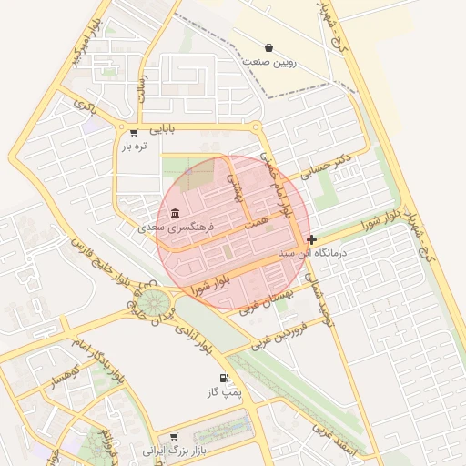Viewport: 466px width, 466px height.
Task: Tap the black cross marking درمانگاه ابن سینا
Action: pos(312,240)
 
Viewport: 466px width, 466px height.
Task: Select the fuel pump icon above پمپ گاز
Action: pos(223,378)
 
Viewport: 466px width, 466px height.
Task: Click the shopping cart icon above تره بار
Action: pos(134,132)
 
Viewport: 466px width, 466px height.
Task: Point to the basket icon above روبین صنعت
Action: pos(268,47)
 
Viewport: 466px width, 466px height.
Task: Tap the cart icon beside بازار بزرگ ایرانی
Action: pos(174,437)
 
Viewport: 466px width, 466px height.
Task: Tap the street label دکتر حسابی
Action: pos(329,171)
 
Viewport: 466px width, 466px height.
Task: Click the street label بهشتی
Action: pos(237,188)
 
